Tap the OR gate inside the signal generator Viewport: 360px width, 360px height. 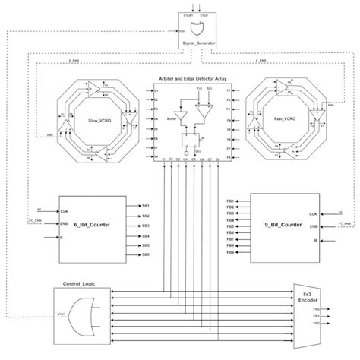(x=198, y=30)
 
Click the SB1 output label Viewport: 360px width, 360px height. (x=145, y=206)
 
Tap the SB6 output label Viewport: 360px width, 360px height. (x=145, y=255)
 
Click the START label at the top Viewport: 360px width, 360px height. (x=188, y=14)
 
